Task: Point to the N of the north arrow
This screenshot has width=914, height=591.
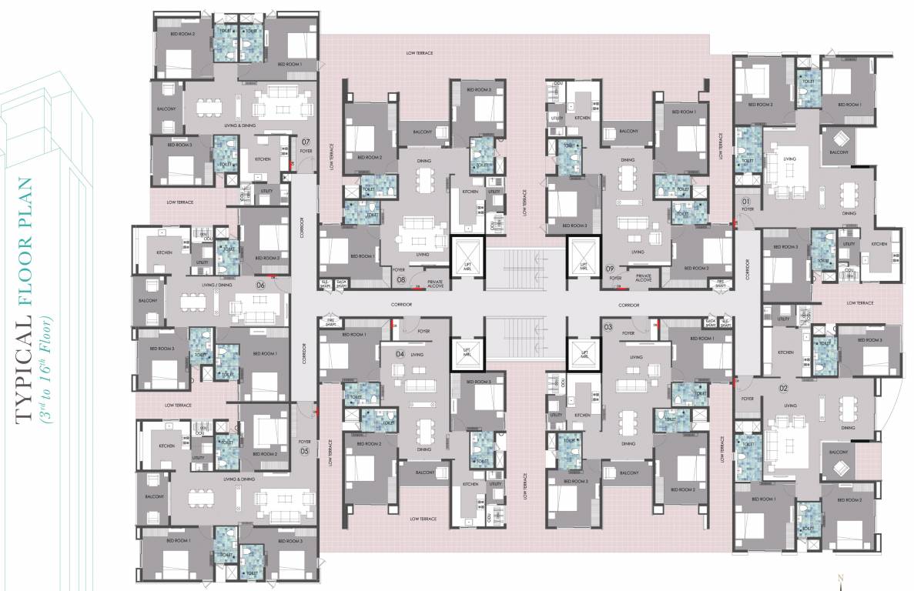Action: tap(842, 578)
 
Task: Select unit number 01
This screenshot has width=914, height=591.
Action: tap(745, 202)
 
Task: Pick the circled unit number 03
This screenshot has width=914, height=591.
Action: tap(608, 327)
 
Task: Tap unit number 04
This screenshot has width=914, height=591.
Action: tap(400, 353)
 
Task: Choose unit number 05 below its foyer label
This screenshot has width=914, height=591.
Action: tap(304, 451)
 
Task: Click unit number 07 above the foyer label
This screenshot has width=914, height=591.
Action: tap(306, 142)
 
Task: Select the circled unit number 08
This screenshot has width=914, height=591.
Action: tap(401, 280)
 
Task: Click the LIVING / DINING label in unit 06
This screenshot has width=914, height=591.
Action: tap(217, 285)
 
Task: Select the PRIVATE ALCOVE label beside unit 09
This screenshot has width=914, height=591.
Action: tap(643, 279)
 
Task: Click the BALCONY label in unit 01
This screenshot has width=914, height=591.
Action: tap(839, 152)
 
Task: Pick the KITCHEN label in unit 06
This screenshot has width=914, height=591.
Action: tap(164, 252)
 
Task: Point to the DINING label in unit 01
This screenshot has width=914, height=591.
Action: tap(849, 213)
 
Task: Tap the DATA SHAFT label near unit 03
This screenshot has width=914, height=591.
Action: tap(711, 322)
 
